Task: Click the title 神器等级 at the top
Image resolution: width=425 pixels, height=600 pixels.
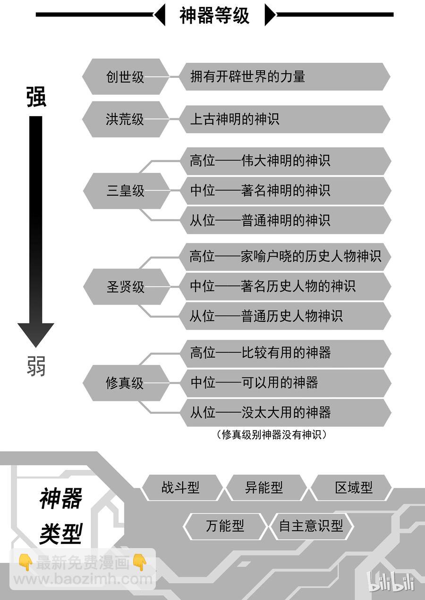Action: point(214,15)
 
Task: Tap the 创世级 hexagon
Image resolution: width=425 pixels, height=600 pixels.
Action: point(126,77)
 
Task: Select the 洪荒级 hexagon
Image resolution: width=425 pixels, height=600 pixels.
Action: point(126,119)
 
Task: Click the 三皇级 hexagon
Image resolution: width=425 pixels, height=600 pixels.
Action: point(126,191)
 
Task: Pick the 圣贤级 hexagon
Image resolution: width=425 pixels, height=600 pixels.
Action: point(126,287)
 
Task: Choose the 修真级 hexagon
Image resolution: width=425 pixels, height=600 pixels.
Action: point(126,383)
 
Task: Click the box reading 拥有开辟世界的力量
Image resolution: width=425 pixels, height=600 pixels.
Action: point(284,76)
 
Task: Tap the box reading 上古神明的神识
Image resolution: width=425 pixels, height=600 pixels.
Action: point(284,119)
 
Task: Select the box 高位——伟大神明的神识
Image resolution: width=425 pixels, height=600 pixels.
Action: point(285,161)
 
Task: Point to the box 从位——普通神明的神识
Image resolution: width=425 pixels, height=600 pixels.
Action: point(285,220)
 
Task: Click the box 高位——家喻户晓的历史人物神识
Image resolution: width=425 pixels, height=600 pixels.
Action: point(285,257)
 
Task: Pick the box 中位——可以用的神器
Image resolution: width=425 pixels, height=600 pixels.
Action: point(285,383)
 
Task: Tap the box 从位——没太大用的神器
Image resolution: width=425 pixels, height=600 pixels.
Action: point(285,412)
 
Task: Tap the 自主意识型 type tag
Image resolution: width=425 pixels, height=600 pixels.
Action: point(311,525)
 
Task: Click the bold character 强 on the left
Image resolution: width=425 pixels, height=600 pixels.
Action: point(36,97)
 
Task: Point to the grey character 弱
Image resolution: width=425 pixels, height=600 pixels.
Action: point(36,366)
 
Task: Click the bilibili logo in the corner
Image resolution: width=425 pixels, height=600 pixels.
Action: point(391,582)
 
